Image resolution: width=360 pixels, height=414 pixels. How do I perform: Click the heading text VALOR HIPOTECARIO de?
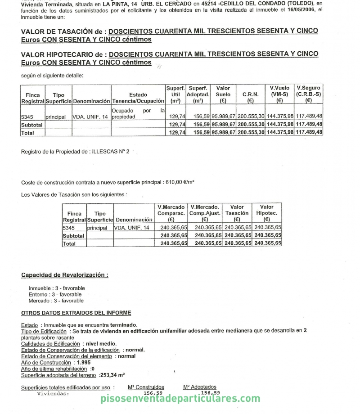click(62, 54)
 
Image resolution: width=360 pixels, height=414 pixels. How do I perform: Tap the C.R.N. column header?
click(250, 94)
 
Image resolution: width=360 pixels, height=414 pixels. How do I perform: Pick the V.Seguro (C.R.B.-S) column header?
click(309, 94)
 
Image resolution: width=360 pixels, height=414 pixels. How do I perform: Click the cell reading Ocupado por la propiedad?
click(138, 113)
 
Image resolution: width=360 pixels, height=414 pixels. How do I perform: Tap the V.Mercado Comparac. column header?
click(171, 213)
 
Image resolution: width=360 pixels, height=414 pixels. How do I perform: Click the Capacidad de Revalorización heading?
click(64, 275)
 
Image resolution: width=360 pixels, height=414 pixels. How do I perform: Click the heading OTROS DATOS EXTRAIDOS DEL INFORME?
click(76, 313)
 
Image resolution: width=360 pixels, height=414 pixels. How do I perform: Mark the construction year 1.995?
click(84, 362)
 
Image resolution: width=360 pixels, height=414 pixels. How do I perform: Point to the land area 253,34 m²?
click(112, 375)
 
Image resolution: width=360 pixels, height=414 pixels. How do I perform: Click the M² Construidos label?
click(146, 387)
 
